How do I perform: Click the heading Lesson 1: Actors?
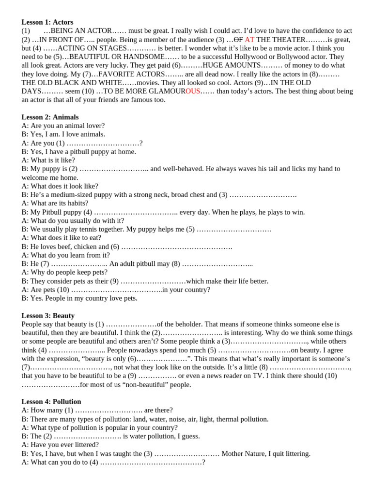(47, 22)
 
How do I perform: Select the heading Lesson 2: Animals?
(50, 117)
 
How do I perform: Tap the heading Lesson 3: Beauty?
(48, 316)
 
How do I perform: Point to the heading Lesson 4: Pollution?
(51, 402)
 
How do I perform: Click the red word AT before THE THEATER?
(249, 40)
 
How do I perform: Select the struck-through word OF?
(238, 40)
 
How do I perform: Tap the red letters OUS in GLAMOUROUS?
(193, 91)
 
